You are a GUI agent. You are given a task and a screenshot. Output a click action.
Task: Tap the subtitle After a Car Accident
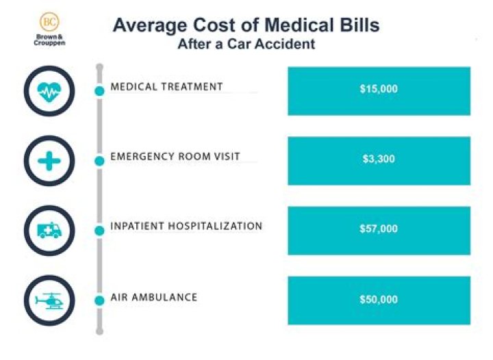pyautogui.click(x=246, y=45)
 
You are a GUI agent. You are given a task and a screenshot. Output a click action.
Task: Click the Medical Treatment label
pyautogui.click(x=166, y=87)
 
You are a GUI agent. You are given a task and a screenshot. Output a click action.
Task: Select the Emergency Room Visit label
pyautogui.click(x=175, y=157)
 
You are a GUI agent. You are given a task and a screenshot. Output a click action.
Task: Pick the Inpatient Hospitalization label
pyautogui.click(x=186, y=227)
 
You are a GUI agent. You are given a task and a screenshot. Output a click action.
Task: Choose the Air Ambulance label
pyautogui.click(x=154, y=298)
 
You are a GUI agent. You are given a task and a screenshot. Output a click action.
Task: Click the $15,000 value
pyautogui.click(x=379, y=89)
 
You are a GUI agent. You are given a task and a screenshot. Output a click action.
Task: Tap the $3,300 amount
pyautogui.click(x=379, y=159)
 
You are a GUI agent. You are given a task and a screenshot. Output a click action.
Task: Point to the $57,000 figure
pyautogui.click(x=379, y=229)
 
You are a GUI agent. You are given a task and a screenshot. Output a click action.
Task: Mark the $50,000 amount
pyautogui.click(x=379, y=300)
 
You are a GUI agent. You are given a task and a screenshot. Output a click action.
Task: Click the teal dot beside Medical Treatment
pyautogui.click(x=99, y=91)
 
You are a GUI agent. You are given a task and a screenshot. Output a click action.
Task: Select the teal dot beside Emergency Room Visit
pyautogui.click(x=99, y=161)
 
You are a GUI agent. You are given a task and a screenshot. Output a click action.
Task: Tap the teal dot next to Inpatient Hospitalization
pyautogui.click(x=99, y=231)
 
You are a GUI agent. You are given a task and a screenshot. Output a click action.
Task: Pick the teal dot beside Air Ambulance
pyautogui.click(x=99, y=301)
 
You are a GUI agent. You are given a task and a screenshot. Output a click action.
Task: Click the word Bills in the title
pyautogui.click(x=356, y=25)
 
